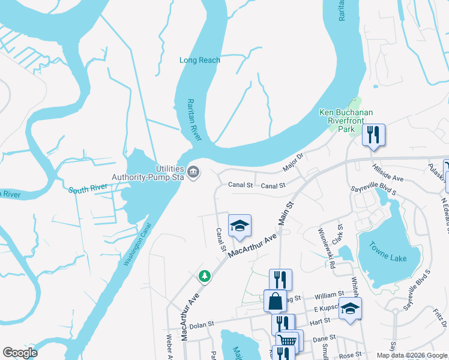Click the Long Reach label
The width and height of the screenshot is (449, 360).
(200, 60)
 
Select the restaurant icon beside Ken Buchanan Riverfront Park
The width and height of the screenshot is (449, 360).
(373, 134)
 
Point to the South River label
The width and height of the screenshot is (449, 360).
(88, 189)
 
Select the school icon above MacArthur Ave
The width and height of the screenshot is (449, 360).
(240, 226)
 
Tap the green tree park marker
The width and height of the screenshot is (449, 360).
(205, 276)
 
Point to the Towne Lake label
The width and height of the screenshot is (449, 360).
(385, 258)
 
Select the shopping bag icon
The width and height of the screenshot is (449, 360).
(275, 301)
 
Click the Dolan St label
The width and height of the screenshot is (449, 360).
(202, 325)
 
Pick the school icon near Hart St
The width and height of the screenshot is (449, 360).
(351, 310)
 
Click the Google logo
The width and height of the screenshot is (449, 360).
(20, 353)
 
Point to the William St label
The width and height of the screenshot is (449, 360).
(328, 295)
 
